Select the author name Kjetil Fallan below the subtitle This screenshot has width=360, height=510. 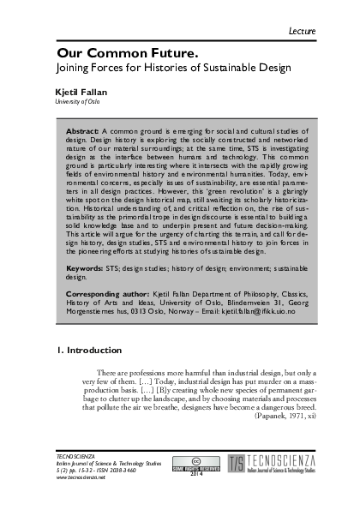(74, 90)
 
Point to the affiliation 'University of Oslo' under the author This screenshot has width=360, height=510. (72, 100)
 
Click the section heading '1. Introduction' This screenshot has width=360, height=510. (82, 351)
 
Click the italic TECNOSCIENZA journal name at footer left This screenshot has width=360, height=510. (72, 455)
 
